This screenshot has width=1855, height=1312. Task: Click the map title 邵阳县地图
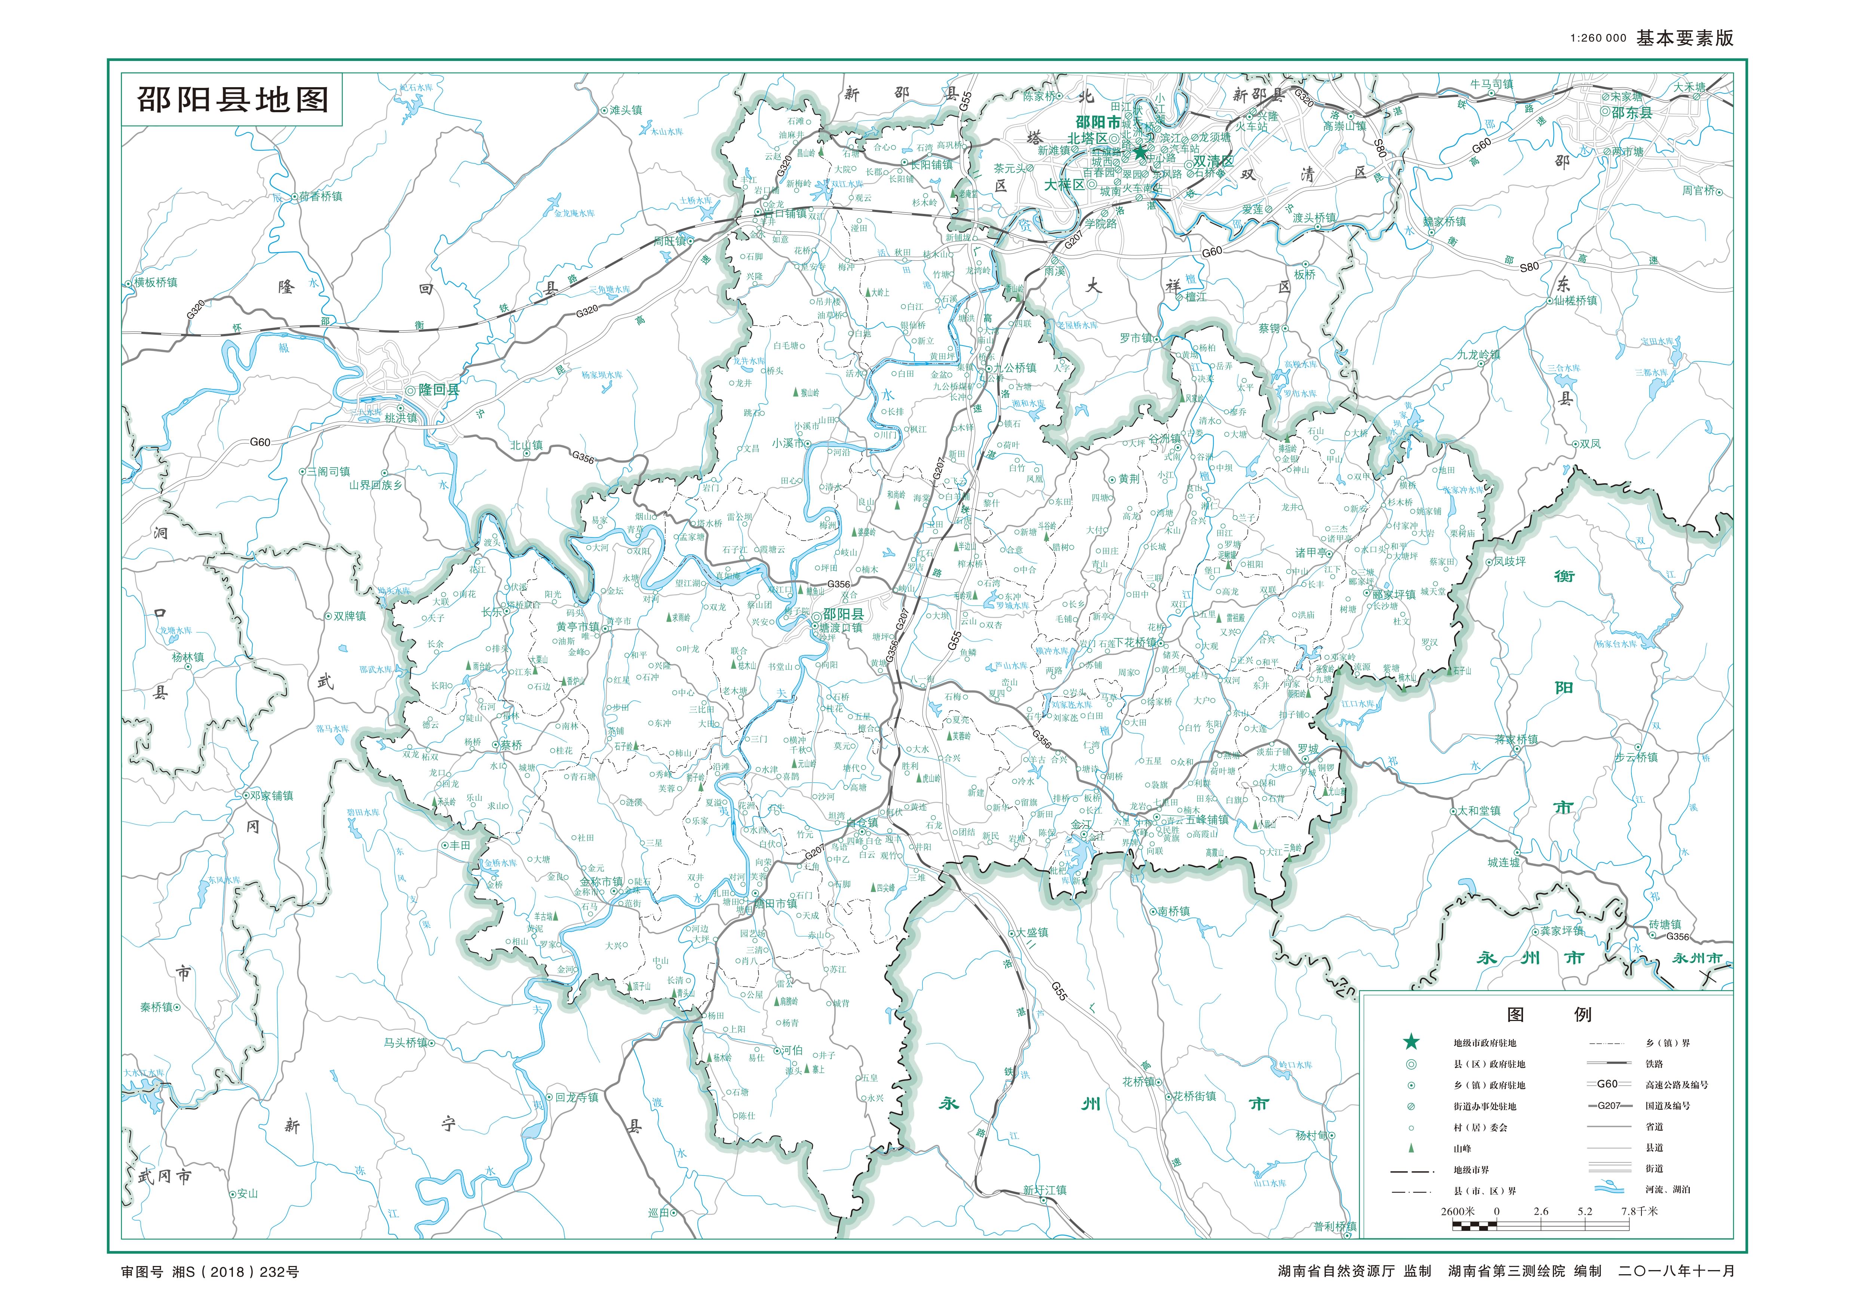click(x=233, y=100)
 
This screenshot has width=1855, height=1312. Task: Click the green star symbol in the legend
click(x=1411, y=1042)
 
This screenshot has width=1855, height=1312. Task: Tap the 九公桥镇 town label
click(x=1014, y=368)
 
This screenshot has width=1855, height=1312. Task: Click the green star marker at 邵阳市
click(x=1139, y=151)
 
